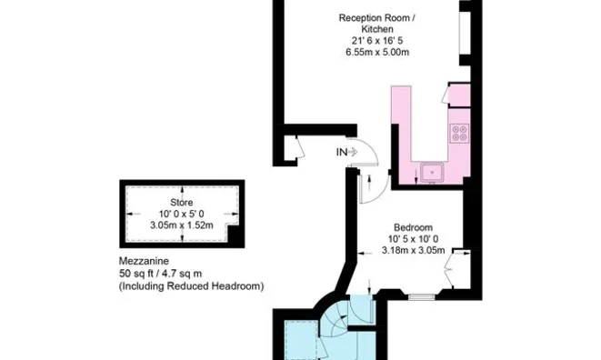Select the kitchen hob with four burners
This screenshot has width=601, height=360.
459,133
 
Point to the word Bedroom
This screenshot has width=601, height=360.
413,226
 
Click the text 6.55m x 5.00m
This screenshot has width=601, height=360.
377,52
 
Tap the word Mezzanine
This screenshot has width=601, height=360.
144,260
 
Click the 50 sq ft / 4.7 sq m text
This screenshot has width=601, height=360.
174,273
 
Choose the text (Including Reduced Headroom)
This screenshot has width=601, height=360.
191,285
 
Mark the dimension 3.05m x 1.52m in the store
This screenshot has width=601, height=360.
181,225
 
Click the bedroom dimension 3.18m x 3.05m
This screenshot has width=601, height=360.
413,250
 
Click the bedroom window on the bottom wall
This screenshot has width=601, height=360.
421,296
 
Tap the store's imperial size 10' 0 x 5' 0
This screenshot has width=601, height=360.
181,214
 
